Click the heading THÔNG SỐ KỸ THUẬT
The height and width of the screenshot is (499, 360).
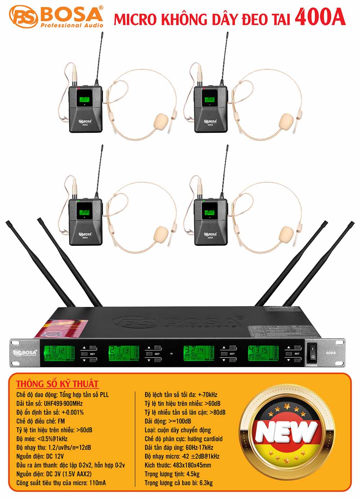(58, 384)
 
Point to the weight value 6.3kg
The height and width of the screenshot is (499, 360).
(204, 482)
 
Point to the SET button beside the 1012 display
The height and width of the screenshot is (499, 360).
(92, 354)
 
